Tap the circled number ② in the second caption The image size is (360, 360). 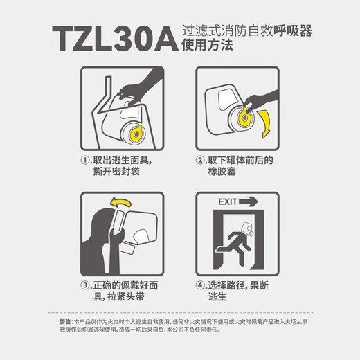click(x=200, y=160)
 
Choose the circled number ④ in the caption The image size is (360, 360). click(x=201, y=285)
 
